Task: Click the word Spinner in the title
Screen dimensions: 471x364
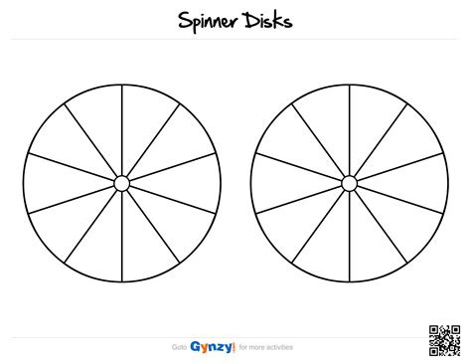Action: point(210,21)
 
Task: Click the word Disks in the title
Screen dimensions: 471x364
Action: point(268,20)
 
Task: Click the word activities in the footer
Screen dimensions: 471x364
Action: point(283,348)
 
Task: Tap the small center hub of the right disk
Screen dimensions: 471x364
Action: point(348,184)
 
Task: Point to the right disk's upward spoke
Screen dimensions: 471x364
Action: point(348,129)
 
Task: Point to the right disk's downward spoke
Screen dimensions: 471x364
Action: point(348,239)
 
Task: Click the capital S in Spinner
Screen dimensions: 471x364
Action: point(185,21)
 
